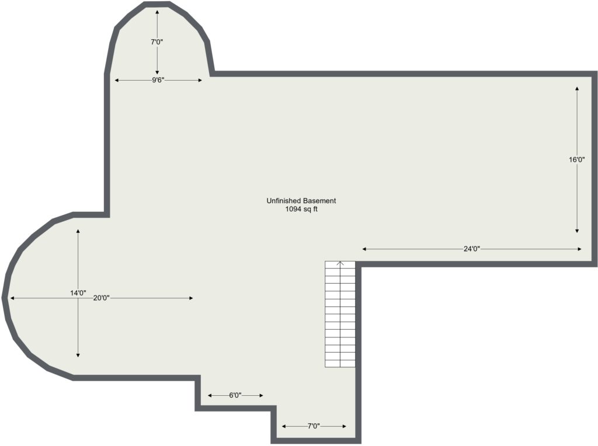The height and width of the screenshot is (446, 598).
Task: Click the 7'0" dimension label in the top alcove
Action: point(157,42)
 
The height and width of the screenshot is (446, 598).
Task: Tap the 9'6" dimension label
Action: point(158,80)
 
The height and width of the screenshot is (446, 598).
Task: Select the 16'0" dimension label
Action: point(577,160)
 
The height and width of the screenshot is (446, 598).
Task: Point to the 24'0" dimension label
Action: point(471,249)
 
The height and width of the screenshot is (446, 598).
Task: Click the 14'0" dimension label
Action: point(78,292)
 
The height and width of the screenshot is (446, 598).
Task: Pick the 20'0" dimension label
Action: point(102,298)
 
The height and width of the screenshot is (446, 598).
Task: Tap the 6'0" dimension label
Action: point(235,395)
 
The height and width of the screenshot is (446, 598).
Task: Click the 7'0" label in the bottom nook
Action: point(314,426)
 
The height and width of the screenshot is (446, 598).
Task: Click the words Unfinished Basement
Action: point(301,200)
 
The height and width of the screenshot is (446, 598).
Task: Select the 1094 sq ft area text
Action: point(301,209)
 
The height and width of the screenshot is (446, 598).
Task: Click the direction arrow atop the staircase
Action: point(340,263)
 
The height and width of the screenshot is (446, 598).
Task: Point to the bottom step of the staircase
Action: point(340,364)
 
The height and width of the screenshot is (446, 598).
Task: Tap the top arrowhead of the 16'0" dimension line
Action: point(577,89)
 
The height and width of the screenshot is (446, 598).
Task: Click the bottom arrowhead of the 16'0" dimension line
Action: point(577,231)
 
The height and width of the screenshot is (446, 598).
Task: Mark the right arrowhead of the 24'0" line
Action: point(579,249)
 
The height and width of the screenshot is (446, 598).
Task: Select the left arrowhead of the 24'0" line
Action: point(364,249)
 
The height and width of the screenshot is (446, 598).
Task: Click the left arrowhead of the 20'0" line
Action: point(12,298)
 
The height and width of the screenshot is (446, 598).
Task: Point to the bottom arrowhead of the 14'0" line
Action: point(78,355)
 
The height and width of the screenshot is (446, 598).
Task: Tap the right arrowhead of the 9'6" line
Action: point(200,80)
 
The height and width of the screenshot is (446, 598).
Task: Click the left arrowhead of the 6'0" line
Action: point(210,395)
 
